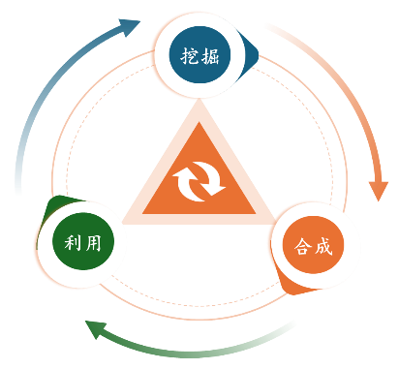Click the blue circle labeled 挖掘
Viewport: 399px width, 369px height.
(199, 54)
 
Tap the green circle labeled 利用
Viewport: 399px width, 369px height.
(83, 241)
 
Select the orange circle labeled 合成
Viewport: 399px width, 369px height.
(313, 245)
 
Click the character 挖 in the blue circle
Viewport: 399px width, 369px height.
(189, 56)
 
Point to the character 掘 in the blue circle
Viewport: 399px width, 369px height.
(210, 56)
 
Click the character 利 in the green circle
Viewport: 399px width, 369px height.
(73, 242)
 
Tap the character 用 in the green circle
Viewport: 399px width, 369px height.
(94, 242)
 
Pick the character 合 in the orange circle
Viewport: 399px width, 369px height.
(302, 246)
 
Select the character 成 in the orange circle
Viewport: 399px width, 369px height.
(323, 246)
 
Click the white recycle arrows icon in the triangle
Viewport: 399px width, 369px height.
(199, 182)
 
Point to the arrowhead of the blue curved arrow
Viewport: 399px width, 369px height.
(129, 27)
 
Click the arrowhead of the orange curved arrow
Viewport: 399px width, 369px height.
(379, 191)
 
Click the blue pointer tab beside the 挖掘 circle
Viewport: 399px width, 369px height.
(250, 55)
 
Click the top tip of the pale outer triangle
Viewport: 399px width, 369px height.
(199, 99)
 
